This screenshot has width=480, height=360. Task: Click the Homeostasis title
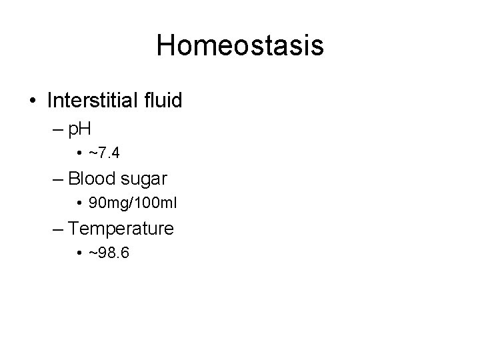pos(240,45)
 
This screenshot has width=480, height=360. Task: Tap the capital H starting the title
pos(166,45)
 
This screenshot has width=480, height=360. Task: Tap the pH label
pos(81,129)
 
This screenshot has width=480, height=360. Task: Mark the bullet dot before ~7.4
pos(80,154)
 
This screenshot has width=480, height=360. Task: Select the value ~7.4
pos(105,154)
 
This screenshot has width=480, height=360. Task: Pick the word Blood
pos(90,179)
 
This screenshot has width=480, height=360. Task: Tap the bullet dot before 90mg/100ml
pos(80,203)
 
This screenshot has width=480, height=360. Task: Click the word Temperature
pos(121,229)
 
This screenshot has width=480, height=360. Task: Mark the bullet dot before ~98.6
pos(80,253)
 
